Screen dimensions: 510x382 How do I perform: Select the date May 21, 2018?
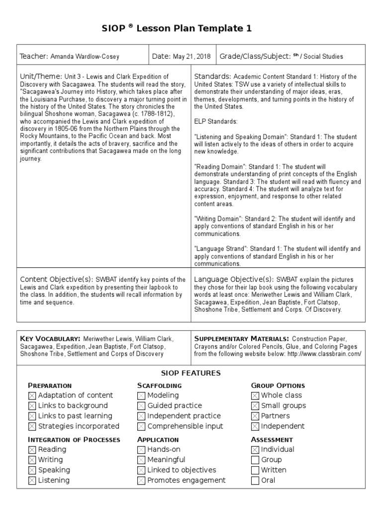(191, 57)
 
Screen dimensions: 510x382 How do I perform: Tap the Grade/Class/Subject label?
(255, 57)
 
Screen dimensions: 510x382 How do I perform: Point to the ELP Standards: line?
(216, 121)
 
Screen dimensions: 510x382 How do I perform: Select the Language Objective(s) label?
(234, 279)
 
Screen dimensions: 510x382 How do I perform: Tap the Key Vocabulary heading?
(50, 338)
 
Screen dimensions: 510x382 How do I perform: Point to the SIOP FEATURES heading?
(191, 373)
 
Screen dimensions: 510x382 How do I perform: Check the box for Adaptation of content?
(32, 395)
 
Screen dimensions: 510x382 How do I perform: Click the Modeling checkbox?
(141, 395)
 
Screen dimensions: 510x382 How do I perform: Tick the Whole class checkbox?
(255, 395)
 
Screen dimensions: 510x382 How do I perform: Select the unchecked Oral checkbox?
(255, 481)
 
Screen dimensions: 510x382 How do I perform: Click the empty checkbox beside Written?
(255, 470)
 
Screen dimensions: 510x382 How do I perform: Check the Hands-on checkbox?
(141, 450)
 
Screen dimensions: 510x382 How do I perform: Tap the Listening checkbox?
(32, 481)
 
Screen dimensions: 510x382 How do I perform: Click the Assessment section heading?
(272, 440)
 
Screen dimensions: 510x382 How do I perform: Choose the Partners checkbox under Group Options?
(255, 416)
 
